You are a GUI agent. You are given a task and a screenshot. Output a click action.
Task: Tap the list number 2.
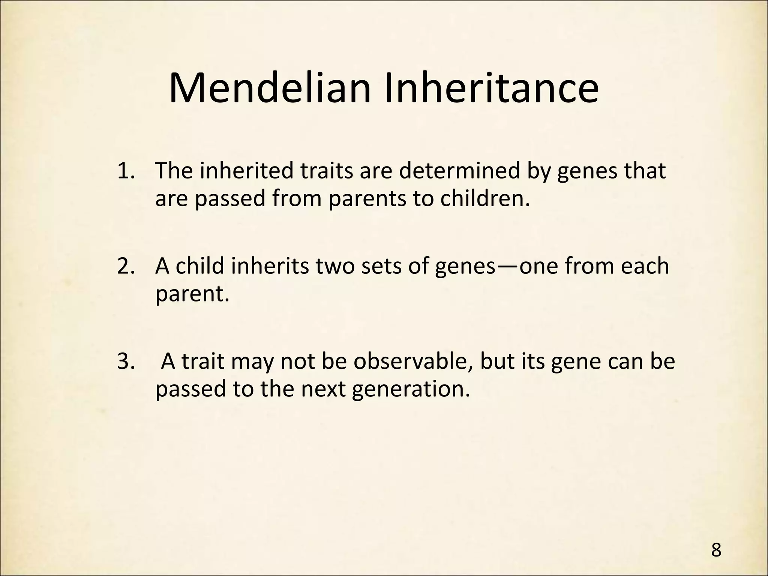[x=126, y=266]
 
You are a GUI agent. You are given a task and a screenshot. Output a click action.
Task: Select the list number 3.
[x=126, y=361]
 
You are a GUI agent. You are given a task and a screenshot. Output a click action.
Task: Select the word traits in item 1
[x=327, y=171]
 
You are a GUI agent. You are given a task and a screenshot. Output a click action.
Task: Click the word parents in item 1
[x=367, y=199]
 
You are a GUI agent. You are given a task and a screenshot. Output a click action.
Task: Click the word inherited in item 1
[x=247, y=171]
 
